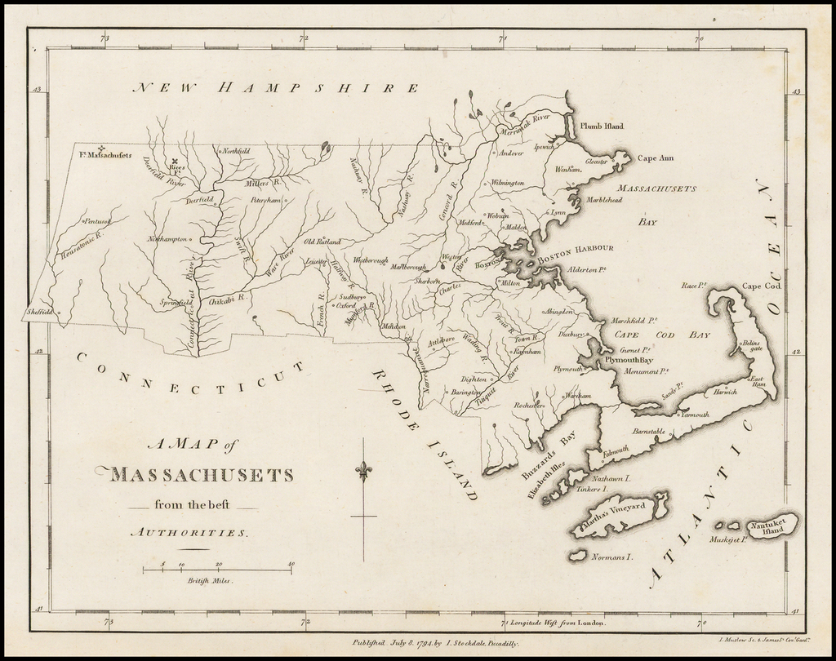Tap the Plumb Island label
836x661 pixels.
pos(602,126)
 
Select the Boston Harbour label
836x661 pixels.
pos(574,248)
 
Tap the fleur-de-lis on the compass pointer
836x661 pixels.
pos(363,471)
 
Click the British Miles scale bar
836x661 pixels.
pos(219,569)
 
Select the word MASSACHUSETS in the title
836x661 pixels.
pos(200,474)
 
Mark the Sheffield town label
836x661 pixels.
pos(39,311)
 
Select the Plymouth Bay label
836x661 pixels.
pos(628,360)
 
